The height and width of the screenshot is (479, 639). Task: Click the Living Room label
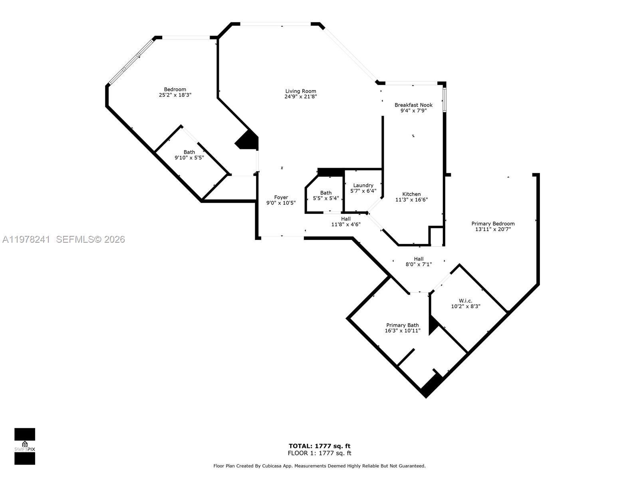coord(300,91)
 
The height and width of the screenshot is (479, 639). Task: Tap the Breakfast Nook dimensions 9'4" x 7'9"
coord(413,111)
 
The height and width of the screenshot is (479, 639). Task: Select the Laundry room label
coord(363,185)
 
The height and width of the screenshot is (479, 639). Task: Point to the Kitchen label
coord(411,194)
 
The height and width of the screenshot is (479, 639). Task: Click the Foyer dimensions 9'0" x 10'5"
coord(281,203)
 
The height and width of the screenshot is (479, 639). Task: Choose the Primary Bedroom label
coord(493,224)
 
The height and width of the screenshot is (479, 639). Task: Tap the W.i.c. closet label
coord(466,301)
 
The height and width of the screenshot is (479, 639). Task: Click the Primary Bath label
coord(402,325)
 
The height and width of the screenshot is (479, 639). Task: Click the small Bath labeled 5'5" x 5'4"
coord(325,196)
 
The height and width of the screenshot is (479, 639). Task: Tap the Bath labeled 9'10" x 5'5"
coord(189,155)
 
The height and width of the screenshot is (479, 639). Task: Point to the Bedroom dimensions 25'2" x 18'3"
coord(175,95)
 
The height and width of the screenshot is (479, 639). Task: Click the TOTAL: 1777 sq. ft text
coord(319,446)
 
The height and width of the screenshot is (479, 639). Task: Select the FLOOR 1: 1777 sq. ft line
coord(319,453)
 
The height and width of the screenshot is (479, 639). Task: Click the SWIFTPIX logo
coord(25,446)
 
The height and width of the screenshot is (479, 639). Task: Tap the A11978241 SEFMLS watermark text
coord(64,239)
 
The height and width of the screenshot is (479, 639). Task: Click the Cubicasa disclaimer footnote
coord(319,466)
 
